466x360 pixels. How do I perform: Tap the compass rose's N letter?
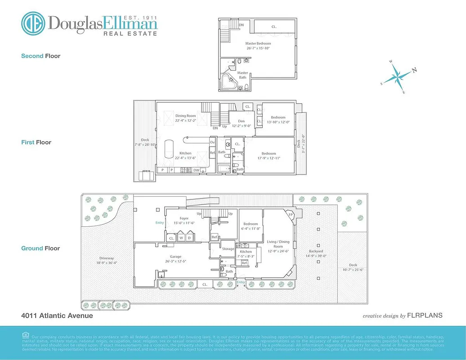tap(414, 70)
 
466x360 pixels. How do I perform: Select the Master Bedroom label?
tap(258, 44)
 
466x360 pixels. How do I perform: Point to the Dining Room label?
tap(186, 116)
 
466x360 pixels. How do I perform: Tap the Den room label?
tap(241, 121)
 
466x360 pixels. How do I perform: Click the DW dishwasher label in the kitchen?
tap(196, 170)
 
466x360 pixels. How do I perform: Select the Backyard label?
tap(316, 251)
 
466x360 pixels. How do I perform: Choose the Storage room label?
tap(228, 248)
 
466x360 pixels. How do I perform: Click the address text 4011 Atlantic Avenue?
tap(57, 315)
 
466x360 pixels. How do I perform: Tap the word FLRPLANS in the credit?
tap(425, 315)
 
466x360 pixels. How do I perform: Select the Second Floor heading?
tap(40, 56)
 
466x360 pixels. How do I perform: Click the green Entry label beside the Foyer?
tap(160, 223)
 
